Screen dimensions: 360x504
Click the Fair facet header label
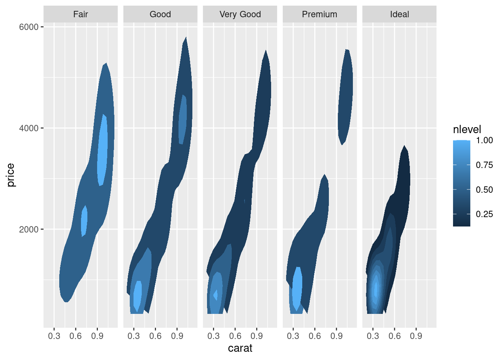click(x=81, y=14)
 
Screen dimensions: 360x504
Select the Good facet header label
click(x=160, y=14)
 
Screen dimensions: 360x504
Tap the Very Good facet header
click(x=240, y=14)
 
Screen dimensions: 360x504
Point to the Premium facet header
click(x=319, y=14)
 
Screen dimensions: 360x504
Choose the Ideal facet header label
click(x=399, y=14)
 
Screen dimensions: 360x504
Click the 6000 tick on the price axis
click(x=29, y=27)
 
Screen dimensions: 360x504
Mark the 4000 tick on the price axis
click(x=29, y=128)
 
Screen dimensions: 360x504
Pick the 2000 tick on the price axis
click(x=29, y=229)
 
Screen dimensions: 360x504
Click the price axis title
click(x=10, y=175)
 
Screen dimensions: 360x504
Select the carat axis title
click(x=240, y=348)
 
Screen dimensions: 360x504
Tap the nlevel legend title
click(x=467, y=130)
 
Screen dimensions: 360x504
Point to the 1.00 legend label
click(x=484, y=141)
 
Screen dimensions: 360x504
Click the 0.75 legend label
click(x=484, y=165)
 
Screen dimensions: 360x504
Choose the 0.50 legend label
click(x=484, y=190)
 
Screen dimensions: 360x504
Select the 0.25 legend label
click(x=484, y=214)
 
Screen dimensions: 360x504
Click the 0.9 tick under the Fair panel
click(x=97, y=336)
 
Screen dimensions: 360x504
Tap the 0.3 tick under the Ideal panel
click(x=373, y=336)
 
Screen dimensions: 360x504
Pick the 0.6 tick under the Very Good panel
click(x=235, y=336)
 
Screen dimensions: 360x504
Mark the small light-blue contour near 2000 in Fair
click(x=84, y=221)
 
